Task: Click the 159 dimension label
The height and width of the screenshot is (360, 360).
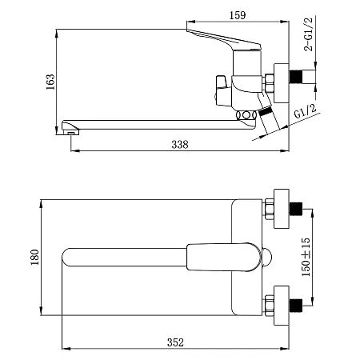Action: point(238,15)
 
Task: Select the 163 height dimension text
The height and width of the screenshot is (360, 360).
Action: point(50,82)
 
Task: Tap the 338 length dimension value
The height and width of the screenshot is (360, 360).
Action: point(180,145)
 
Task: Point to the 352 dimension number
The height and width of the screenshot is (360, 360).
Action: point(175,342)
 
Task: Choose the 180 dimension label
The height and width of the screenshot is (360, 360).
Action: point(35,258)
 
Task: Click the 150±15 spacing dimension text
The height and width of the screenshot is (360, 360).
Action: point(306,258)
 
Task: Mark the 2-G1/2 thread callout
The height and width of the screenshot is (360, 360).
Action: point(308,34)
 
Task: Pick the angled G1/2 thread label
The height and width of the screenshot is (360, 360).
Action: point(306,111)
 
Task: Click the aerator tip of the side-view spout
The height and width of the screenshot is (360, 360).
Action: point(71,133)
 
